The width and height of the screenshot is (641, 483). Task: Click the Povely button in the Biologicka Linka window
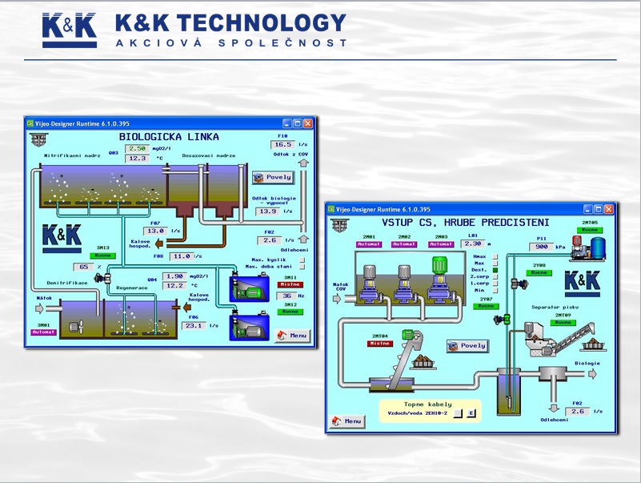click(x=273, y=177)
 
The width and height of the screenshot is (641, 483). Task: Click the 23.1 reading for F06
click(x=193, y=326)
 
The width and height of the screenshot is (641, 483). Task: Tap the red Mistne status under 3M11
click(x=289, y=284)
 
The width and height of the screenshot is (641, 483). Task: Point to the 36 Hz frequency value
click(x=286, y=295)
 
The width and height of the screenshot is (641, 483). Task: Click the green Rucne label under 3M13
click(x=103, y=256)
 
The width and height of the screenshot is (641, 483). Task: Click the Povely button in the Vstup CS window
click(x=467, y=346)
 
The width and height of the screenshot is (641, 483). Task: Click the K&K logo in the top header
click(x=70, y=30)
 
